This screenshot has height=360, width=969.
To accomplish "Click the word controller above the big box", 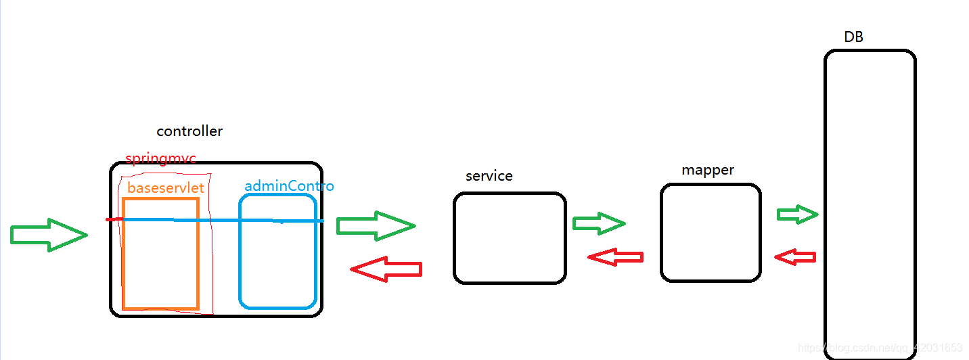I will (x=189, y=131).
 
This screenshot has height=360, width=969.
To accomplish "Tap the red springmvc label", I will (x=160, y=159).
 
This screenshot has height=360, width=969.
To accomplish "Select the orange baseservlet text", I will (x=166, y=187).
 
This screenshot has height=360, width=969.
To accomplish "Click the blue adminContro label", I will (x=289, y=185).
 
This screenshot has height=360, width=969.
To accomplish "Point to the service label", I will (x=489, y=176).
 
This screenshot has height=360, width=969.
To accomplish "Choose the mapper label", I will (x=708, y=170).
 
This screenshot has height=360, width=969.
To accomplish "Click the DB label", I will (x=853, y=37).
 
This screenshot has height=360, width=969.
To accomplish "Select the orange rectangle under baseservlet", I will (x=160, y=264).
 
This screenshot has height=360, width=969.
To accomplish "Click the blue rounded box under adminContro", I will (x=277, y=264).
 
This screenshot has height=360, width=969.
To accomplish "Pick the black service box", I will (x=509, y=238).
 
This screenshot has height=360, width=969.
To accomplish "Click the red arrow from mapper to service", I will (x=615, y=257).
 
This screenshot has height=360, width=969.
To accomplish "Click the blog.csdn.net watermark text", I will (x=880, y=348).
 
